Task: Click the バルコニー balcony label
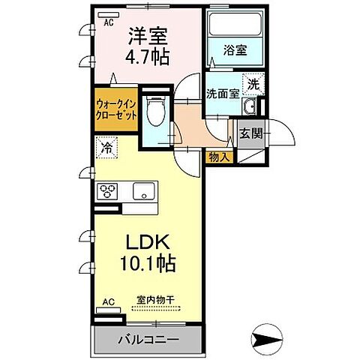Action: (x=148, y=339)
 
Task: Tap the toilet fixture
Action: (x=156, y=112)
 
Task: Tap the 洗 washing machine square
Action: (x=253, y=84)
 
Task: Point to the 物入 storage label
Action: (x=217, y=157)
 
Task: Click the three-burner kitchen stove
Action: (x=107, y=190)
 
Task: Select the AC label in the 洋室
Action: (x=109, y=22)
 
